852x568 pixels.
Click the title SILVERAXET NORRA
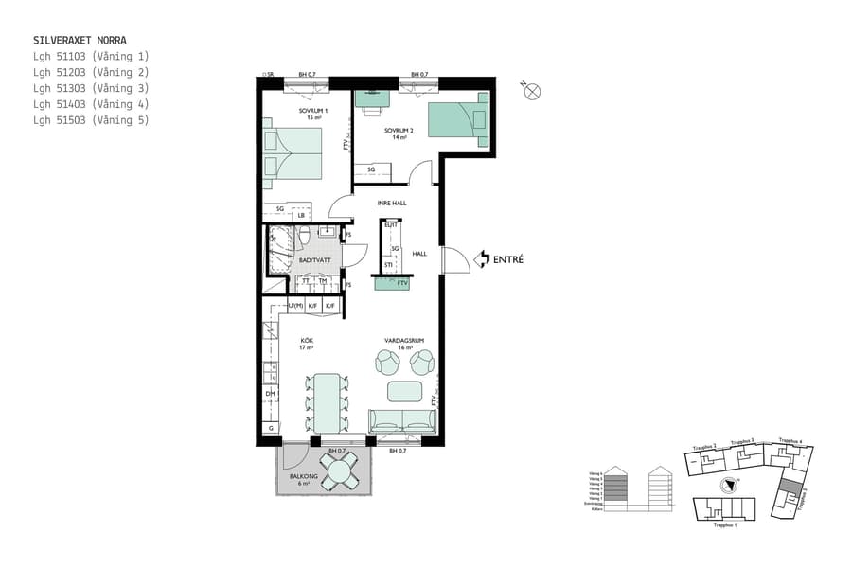click(x=80, y=41)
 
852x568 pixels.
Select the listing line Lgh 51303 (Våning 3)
click(x=91, y=88)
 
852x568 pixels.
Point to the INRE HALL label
click(x=392, y=201)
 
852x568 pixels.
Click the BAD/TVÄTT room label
click(x=311, y=259)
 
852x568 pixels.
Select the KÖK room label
click(x=307, y=343)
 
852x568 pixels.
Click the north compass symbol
click(x=531, y=92)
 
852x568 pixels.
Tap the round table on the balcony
click(x=338, y=468)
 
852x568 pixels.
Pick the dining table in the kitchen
click(x=327, y=401)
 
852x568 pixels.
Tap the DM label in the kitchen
click(x=270, y=394)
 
